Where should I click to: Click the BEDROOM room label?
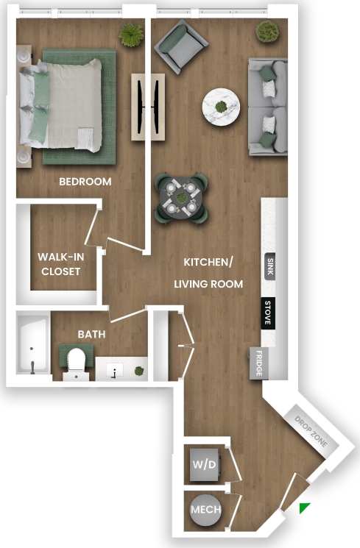[x=85, y=181]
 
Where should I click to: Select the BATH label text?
[x=92, y=334]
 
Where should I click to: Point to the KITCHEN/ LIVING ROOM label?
[x=208, y=273]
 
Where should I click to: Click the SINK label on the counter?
[x=269, y=264]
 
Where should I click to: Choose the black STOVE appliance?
[x=269, y=312]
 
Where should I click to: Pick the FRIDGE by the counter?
[x=258, y=363]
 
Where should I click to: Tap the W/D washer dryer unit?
[x=204, y=464]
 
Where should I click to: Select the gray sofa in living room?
[x=268, y=107]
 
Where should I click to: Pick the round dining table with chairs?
[x=181, y=198]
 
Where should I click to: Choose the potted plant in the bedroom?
[x=131, y=35]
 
